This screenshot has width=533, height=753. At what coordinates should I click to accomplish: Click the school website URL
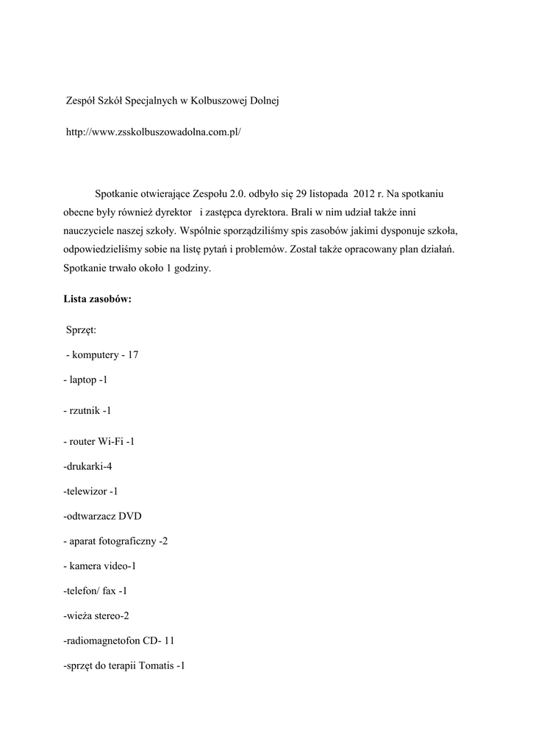[x=154, y=132]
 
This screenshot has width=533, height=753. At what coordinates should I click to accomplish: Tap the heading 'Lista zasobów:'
[x=97, y=299]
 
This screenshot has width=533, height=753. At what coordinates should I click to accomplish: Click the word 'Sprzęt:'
[x=87, y=330]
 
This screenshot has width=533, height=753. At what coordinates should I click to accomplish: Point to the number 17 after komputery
[x=133, y=355]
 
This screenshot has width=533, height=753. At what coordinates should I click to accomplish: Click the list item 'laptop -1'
[x=86, y=380]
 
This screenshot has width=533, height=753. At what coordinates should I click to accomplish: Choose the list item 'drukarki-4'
[x=87, y=466]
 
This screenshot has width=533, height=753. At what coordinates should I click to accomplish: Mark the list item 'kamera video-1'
[x=100, y=566]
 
